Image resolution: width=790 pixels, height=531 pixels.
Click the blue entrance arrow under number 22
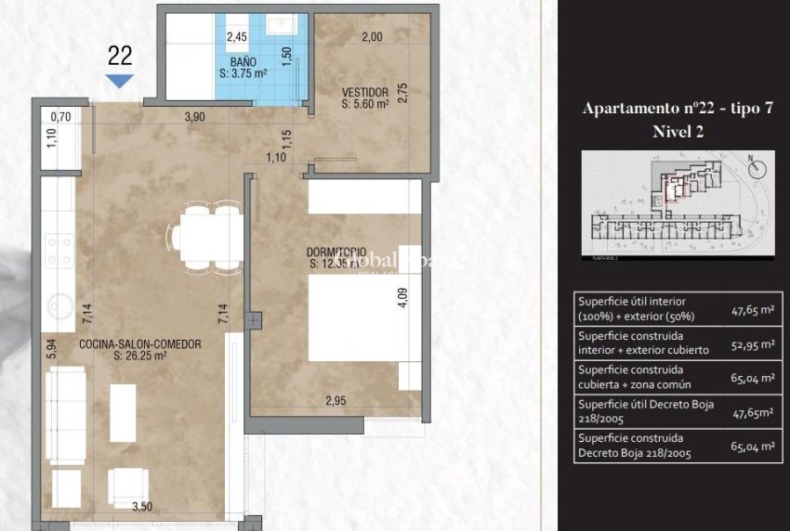click(120, 81)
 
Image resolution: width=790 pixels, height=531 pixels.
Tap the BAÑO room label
click(243, 58)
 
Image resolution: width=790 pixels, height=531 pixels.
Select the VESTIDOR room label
click(364, 93)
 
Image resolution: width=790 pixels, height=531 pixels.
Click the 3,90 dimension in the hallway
click(195, 117)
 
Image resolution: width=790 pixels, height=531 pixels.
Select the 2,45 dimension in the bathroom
click(238, 38)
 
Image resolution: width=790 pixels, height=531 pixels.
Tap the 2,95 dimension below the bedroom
click(336, 400)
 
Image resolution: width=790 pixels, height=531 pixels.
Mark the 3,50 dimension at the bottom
click(142, 507)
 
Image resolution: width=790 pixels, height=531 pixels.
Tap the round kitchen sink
click(59, 303)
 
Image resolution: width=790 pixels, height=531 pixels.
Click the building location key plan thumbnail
click(677, 203)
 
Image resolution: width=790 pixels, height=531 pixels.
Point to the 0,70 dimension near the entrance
click(60, 117)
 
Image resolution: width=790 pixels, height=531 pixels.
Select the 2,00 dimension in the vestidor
click(372, 38)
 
